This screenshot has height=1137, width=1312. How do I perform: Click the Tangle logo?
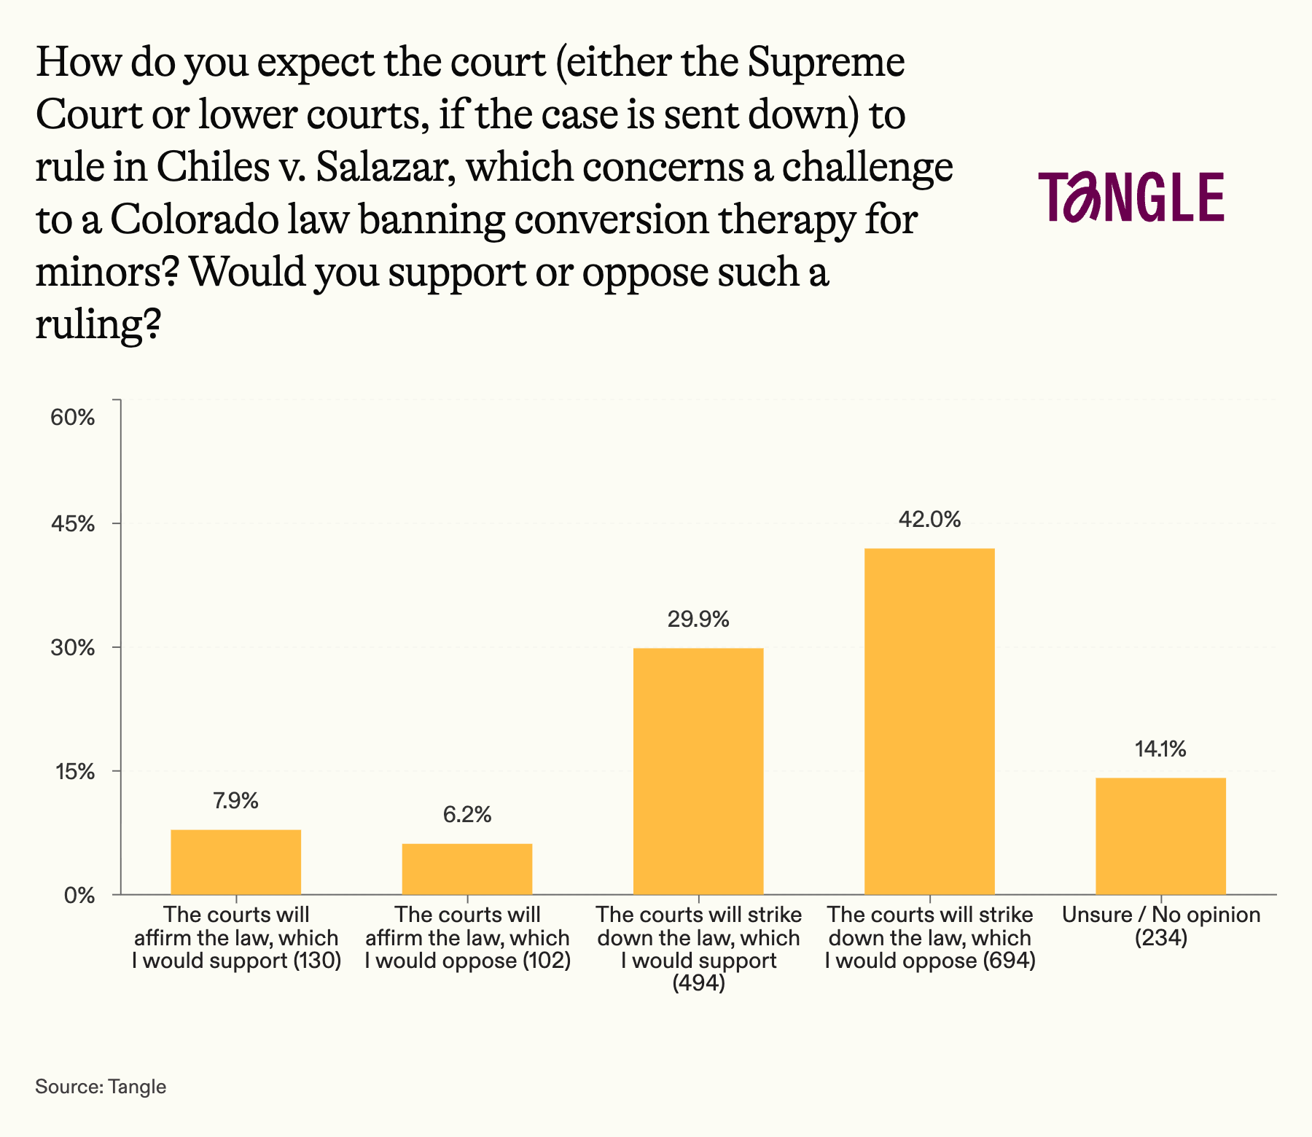click(1131, 197)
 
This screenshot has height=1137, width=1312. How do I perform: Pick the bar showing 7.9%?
click(235, 861)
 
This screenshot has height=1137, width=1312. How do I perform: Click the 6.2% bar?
click(467, 869)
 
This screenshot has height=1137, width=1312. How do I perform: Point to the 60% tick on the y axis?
click(72, 418)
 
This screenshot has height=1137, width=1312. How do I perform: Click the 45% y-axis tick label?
click(72, 524)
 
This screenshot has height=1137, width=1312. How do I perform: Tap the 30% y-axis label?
click(72, 648)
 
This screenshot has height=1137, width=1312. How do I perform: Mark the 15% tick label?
click(74, 772)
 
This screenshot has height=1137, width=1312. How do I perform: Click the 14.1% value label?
click(1160, 749)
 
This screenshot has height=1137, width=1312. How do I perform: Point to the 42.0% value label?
click(929, 520)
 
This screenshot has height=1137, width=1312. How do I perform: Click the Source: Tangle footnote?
click(101, 1087)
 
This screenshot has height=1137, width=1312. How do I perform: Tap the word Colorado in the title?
click(194, 219)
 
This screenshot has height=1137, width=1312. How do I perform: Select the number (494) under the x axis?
click(698, 984)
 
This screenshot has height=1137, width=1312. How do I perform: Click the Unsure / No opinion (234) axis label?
click(1161, 926)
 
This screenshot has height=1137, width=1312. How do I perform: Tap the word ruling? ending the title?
click(98, 324)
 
